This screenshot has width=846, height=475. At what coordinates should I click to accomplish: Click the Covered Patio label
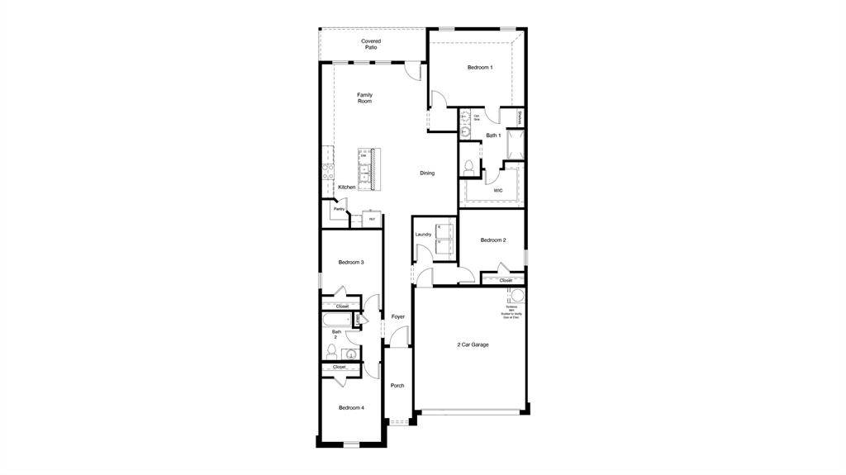[x=371, y=45]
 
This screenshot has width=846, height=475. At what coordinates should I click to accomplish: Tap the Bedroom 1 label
[x=480, y=67]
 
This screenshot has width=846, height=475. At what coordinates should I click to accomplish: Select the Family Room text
[x=364, y=97]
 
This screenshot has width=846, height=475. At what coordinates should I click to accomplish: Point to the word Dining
[x=426, y=173]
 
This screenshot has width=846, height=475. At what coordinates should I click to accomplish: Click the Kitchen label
[x=347, y=188]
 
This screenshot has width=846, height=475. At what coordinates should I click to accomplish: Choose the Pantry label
[x=339, y=209]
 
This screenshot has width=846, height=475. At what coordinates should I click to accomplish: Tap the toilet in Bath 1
[x=469, y=167]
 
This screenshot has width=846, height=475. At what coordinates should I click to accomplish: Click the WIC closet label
[x=498, y=191]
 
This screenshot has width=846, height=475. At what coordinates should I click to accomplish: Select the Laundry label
[x=423, y=235]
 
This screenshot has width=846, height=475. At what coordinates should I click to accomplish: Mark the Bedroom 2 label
[x=493, y=240]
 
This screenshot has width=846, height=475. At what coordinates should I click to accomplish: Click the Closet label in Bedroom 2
[x=506, y=280]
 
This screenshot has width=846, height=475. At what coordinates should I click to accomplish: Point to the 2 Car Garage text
[x=473, y=344]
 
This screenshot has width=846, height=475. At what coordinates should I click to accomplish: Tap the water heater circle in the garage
[x=516, y=297]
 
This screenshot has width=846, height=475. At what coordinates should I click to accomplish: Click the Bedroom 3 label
[x=351, y=262]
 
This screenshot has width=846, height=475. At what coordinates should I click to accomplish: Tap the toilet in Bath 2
[x=332, y=350]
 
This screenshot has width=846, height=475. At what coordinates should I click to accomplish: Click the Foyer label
[x=397, y=317]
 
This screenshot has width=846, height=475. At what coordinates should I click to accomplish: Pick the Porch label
[x=397, y=386]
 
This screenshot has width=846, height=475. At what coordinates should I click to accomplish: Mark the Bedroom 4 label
[x=351, y=407]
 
